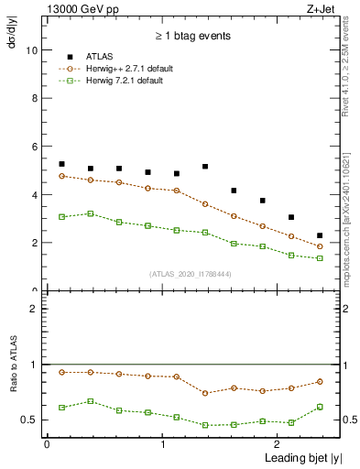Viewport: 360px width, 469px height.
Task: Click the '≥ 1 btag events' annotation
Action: [x=191, y=36]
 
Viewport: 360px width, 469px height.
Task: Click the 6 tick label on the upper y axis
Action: [x=34, y=147]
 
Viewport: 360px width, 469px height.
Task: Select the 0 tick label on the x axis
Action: [x=47, y=444]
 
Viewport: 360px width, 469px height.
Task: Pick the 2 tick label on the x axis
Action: [x=278, y=444]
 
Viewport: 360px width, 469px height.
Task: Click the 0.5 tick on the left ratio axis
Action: [x=30, y=420]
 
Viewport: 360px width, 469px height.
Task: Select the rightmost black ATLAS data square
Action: [x=320, y=236]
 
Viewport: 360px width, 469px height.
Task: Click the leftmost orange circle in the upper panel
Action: [x=61, y=176]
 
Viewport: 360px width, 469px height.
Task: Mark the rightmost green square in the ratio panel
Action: [x=320, y=407]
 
